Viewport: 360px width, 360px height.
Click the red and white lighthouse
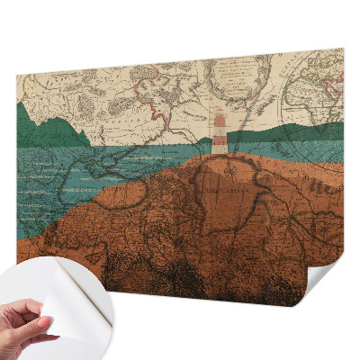219,132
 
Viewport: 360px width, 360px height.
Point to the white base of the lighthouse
219,151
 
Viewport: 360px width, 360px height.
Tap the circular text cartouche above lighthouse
236,85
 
